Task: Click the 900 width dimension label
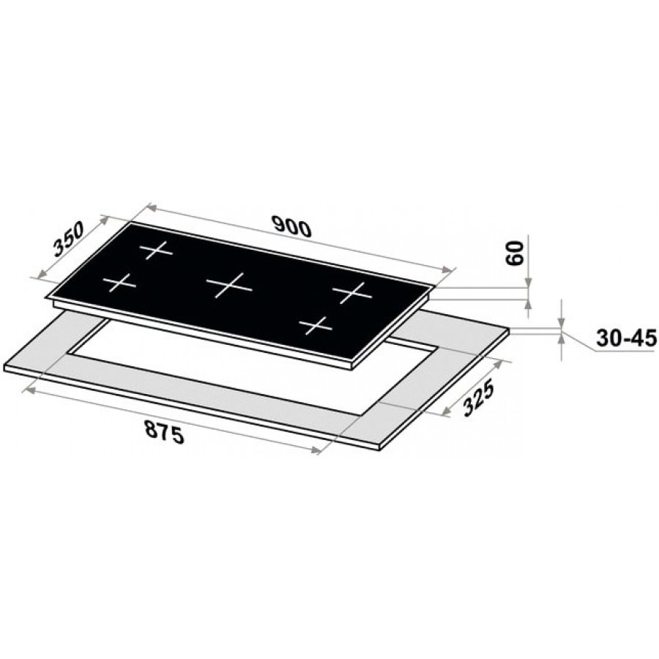coord(291,226)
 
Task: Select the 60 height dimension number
coord(515,253)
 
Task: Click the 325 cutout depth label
coord(477,399)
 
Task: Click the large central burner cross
coord(229,286)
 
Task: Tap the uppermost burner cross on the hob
coord(156,250)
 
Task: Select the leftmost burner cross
coord(120,283)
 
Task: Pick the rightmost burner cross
coord(352,292)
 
